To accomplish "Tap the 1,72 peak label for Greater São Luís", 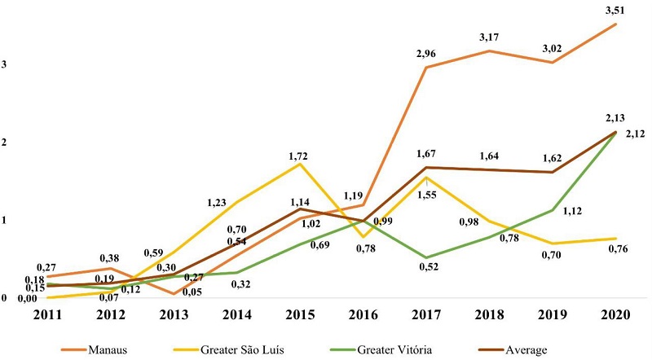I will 301,154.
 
